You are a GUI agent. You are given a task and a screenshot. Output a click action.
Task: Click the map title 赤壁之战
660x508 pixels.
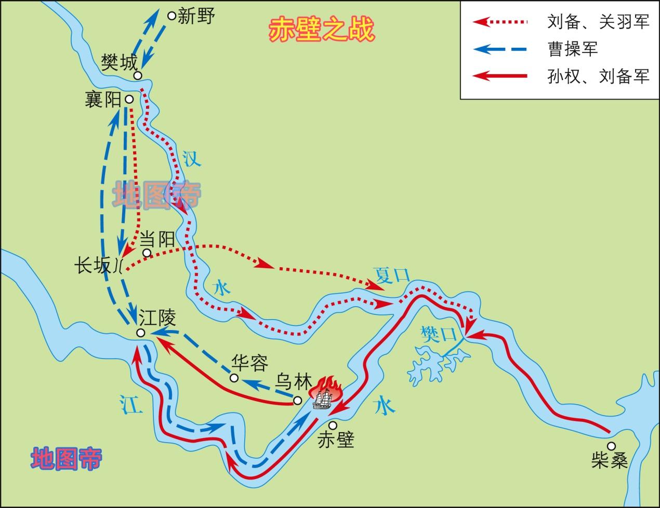pos(321,31)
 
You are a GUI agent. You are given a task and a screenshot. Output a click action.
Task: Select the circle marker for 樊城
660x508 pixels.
pos(138,76)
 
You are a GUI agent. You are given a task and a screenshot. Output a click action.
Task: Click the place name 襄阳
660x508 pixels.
pos(103,99)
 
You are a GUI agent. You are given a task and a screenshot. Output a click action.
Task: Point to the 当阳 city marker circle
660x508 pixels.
pos(147,253)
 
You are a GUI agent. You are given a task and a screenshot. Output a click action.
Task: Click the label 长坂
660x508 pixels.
pos(93,266)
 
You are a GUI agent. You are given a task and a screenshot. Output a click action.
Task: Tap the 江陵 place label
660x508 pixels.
pos(157,317)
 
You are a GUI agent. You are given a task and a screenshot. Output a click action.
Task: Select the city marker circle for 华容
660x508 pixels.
pos(234,378)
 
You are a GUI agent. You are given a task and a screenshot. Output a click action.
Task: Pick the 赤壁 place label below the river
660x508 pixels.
pos(336,441)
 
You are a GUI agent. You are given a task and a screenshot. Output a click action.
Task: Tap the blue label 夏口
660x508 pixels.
pos(391,274)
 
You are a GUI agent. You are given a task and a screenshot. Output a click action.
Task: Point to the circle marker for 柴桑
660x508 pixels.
pos(611,446)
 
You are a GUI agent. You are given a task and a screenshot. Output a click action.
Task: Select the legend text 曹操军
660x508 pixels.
pos(573,49)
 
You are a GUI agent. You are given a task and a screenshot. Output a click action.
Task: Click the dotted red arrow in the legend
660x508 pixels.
pos(500,22)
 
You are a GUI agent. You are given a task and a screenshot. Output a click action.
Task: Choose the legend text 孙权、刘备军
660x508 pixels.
pos(598,77)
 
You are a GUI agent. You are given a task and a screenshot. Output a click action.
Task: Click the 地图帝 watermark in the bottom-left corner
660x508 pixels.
pos(66,458)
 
